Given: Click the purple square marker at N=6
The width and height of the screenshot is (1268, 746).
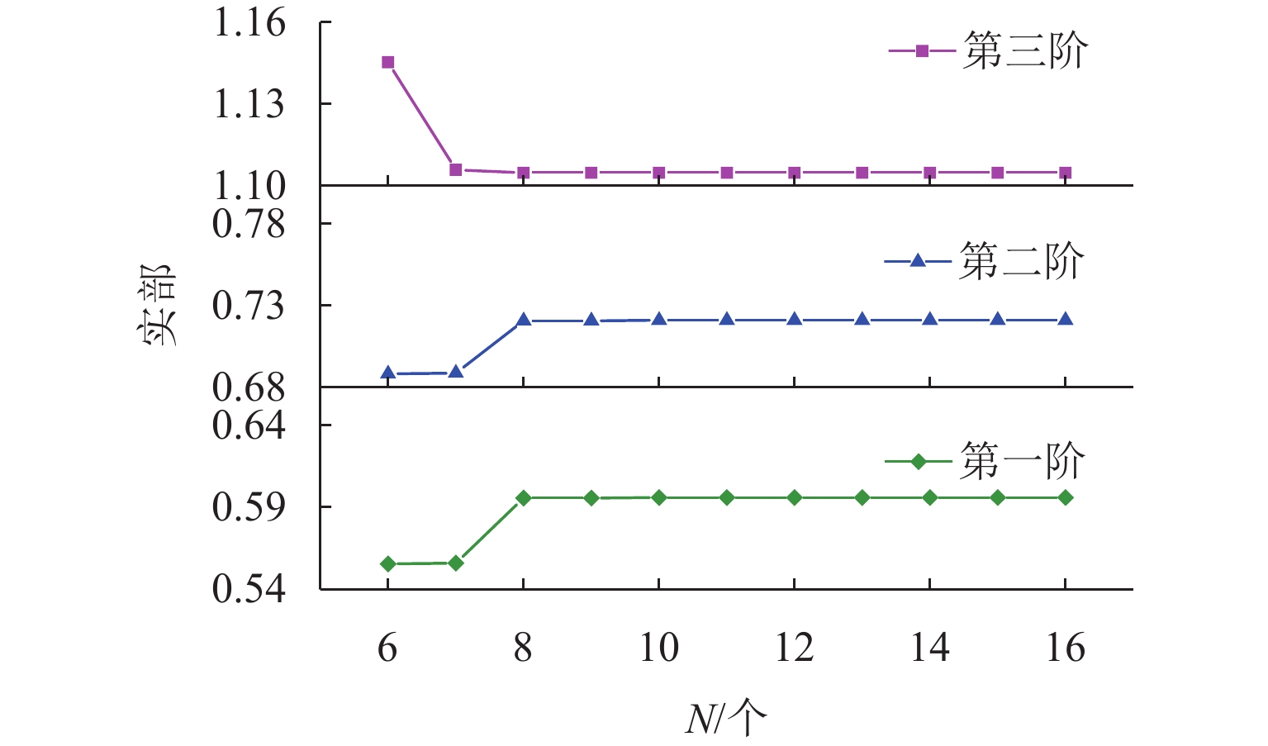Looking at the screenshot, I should pyautogui.click(x=387, y=62).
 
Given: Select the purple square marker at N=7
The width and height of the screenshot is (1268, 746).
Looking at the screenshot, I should pyautogui.click(x=455, y=169).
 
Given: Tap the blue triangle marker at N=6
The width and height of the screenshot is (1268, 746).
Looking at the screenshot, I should pyautogui.click(x=387, y=373).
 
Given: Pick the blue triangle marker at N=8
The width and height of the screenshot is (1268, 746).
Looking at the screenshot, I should pyautogui.click(x=523, y=320).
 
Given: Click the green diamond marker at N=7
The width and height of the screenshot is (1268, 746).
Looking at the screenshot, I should pyautogui.click(x=455, y=563).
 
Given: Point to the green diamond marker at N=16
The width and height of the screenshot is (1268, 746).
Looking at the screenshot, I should pyautogui.click(x=1066, y=497).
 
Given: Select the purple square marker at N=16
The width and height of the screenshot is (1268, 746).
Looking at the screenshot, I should pyautogui.click(x=1066, y=173).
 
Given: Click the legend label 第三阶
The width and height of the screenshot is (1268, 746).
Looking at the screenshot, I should pyautogui.click(x=1025, y=51).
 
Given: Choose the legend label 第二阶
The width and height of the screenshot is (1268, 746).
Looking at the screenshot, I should pyautogui.click(x=1022, y=262).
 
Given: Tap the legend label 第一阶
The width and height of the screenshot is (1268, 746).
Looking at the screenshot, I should pyautogui.click(x=1022, y=461).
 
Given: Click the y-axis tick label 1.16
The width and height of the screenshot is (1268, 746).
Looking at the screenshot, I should pyautogui.click(x=249, y=22).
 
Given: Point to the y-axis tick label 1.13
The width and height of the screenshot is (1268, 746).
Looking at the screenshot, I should pyautogui.click(x=249, y=104).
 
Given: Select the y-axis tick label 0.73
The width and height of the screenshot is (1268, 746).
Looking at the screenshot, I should pyautogui.click(x=249, y=306).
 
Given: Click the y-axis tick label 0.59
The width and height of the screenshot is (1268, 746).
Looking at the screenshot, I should pyautogui.click(x=249, y=506).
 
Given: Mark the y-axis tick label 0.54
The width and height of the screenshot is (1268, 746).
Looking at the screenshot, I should pyautogui.click(x=249, y=588).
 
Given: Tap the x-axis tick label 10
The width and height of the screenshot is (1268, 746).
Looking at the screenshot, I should pyautogui.click(x=658, y=648).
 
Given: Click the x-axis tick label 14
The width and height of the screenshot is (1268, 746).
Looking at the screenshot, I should pyautogui.click(x=929, y=648).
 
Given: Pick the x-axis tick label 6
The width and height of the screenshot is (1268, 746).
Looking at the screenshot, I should pyautogui.click(x=387, y=648).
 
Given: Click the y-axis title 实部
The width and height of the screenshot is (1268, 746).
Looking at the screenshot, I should pyautogui.click(x=155, y=306).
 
